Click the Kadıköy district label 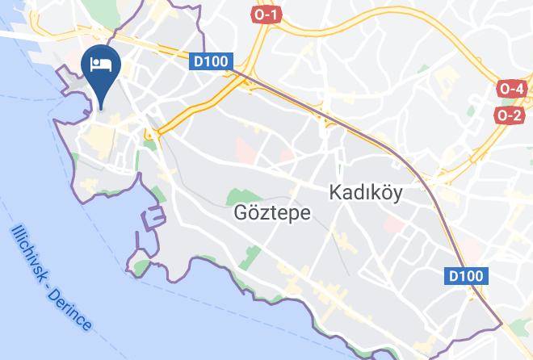pyautogui.click(x=366, y=194)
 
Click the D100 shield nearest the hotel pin pyautogui.click(x=212, y=61)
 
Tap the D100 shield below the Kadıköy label pyautogui.click(x=466, y=276)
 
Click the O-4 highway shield pyautogui.click(x=512, y=89)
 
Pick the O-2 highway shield pyautogui.click(x=510, y=115)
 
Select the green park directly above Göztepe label pyautogui.click(x=239, y=195)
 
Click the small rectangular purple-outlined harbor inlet pyautogui.click(x=153, y=218)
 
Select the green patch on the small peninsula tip pyautogui.click(x=141, y=266)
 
